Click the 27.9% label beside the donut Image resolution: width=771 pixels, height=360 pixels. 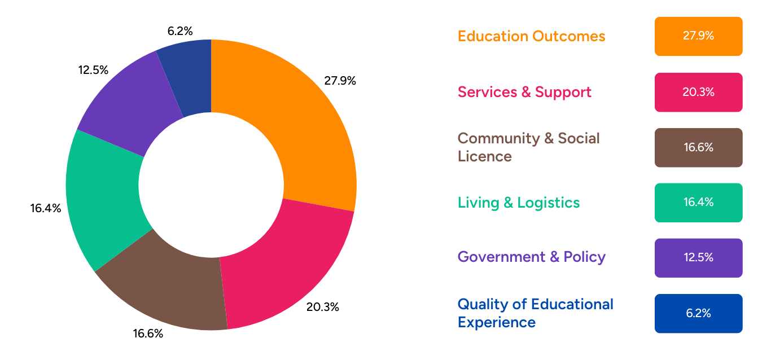(340, 81)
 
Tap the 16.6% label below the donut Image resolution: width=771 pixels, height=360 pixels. (148, 333)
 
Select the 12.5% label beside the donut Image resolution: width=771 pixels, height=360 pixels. (93, 70)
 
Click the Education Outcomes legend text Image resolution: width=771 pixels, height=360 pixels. (531, 36)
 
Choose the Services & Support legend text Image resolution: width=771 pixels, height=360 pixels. (524, 92)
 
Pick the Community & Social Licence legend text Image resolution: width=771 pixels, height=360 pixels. (528, 147)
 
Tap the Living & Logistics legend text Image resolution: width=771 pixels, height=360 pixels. (519, 203)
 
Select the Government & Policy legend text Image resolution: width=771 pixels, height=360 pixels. (531, 257)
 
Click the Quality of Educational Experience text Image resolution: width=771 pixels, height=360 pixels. (535, 313)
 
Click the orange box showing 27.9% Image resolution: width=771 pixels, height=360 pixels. (698, 36)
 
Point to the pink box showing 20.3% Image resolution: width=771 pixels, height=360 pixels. (698, 92)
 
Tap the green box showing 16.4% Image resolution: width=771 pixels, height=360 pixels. (698, 203)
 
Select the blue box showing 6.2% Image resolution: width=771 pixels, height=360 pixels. (698, 313)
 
